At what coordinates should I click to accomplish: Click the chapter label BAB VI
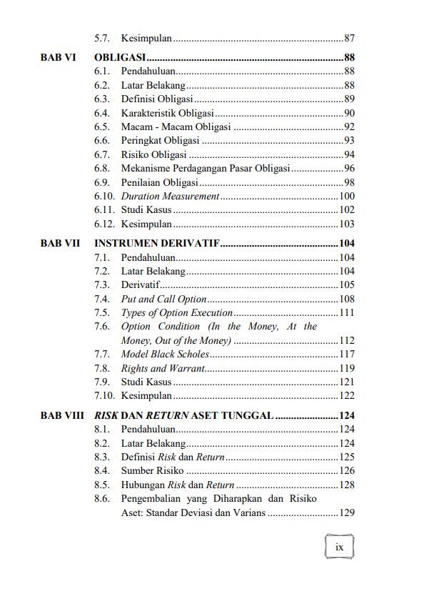tap(58, 57)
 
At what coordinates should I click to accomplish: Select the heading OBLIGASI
tap(121, 57)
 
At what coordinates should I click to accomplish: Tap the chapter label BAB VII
tap(60, 244)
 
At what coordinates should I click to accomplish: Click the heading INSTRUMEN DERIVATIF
tap(157, 244)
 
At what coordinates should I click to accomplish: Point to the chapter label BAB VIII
tap(62, 415)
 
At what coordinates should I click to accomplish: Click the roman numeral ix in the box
tap(339, 547)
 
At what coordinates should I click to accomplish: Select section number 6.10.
tap(104, 196)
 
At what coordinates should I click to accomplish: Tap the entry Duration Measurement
tap(170, 196)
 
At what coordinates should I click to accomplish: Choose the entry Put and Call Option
tap(163, 299)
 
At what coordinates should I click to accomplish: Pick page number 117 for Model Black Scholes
tap(347, 354)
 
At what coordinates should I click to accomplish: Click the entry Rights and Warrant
tap(163, 368)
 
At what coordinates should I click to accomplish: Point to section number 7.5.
tap(101, 312)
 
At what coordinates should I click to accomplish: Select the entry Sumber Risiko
tap(152, 470)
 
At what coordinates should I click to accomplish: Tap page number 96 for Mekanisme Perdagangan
tap(349, 168)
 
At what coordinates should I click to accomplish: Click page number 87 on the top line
tap(349, 37)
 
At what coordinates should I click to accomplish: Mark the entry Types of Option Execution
tap(177, 312)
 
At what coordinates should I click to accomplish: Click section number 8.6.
tap(101, 498)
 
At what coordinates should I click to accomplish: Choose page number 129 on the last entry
tap(347, 513)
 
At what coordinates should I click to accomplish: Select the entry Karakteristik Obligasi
tap(168, 113)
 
